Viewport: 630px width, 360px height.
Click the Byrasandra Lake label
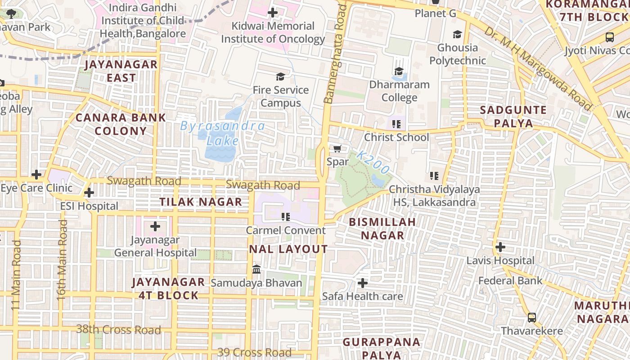point(222,133)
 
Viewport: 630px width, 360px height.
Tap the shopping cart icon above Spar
point(337,148)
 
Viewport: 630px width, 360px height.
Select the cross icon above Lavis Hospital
point(500,247)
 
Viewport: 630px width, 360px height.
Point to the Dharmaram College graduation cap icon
point(399,71)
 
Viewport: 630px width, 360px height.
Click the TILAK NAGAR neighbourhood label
point(201,202)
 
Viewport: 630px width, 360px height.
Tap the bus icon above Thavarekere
point(531,318)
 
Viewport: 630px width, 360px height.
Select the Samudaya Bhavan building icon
point(256,270)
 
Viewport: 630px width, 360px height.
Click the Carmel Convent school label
point(285,230)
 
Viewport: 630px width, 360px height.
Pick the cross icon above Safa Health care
point(362,283)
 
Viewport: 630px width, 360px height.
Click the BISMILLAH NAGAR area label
point(382,229)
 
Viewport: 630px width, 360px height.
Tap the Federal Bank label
point(510,281)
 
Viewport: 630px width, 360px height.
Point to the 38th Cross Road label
point(118,329)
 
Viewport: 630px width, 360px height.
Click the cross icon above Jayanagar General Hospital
point(155,226)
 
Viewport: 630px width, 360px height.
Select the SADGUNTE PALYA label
point(513,117)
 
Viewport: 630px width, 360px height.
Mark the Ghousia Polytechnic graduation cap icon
point(457,35)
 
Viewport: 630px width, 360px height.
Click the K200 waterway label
point(373,162)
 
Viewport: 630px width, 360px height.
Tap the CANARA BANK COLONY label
point(121,124)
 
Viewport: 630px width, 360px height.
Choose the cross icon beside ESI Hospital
point(89,193)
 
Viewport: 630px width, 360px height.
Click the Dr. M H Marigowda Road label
point(538,69)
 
